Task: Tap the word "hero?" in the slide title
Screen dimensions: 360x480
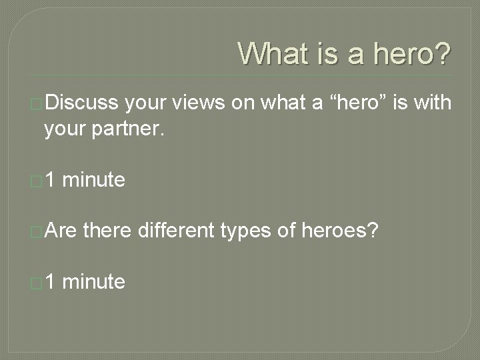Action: [x=411, y=53]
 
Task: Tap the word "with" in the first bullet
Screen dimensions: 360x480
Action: [x=431, y=103]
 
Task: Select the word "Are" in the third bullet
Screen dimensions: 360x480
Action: [x=61, y=231]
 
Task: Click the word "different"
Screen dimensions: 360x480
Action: [x=175, y=231]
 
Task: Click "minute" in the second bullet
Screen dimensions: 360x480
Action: [x=96, y=179]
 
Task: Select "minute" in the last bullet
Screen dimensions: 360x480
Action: [x=96, y=282]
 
